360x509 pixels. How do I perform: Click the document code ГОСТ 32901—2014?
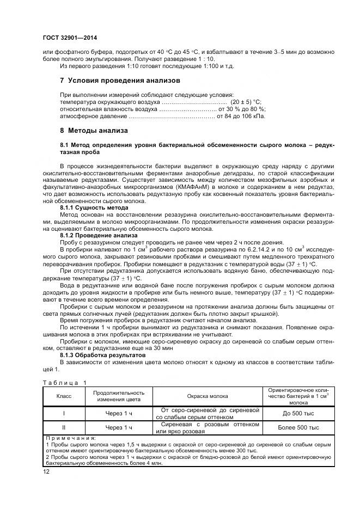[66, 37]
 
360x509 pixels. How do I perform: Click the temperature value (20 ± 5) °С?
[246, 102]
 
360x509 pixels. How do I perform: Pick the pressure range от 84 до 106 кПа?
[241, 116]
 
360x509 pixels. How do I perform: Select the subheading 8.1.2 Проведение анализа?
[99, 235]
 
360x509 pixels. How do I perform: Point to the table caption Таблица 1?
[65, 383]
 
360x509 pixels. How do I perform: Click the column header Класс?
[64, 396]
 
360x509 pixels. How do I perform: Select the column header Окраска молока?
[208, 396]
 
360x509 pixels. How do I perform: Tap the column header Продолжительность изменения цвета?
[119, 396]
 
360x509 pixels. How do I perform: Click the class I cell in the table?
[64, 413]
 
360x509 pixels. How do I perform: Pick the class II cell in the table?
[64, 428]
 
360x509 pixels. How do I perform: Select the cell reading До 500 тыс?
[298, 413]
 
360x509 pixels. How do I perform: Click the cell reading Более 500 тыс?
[298, 428]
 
